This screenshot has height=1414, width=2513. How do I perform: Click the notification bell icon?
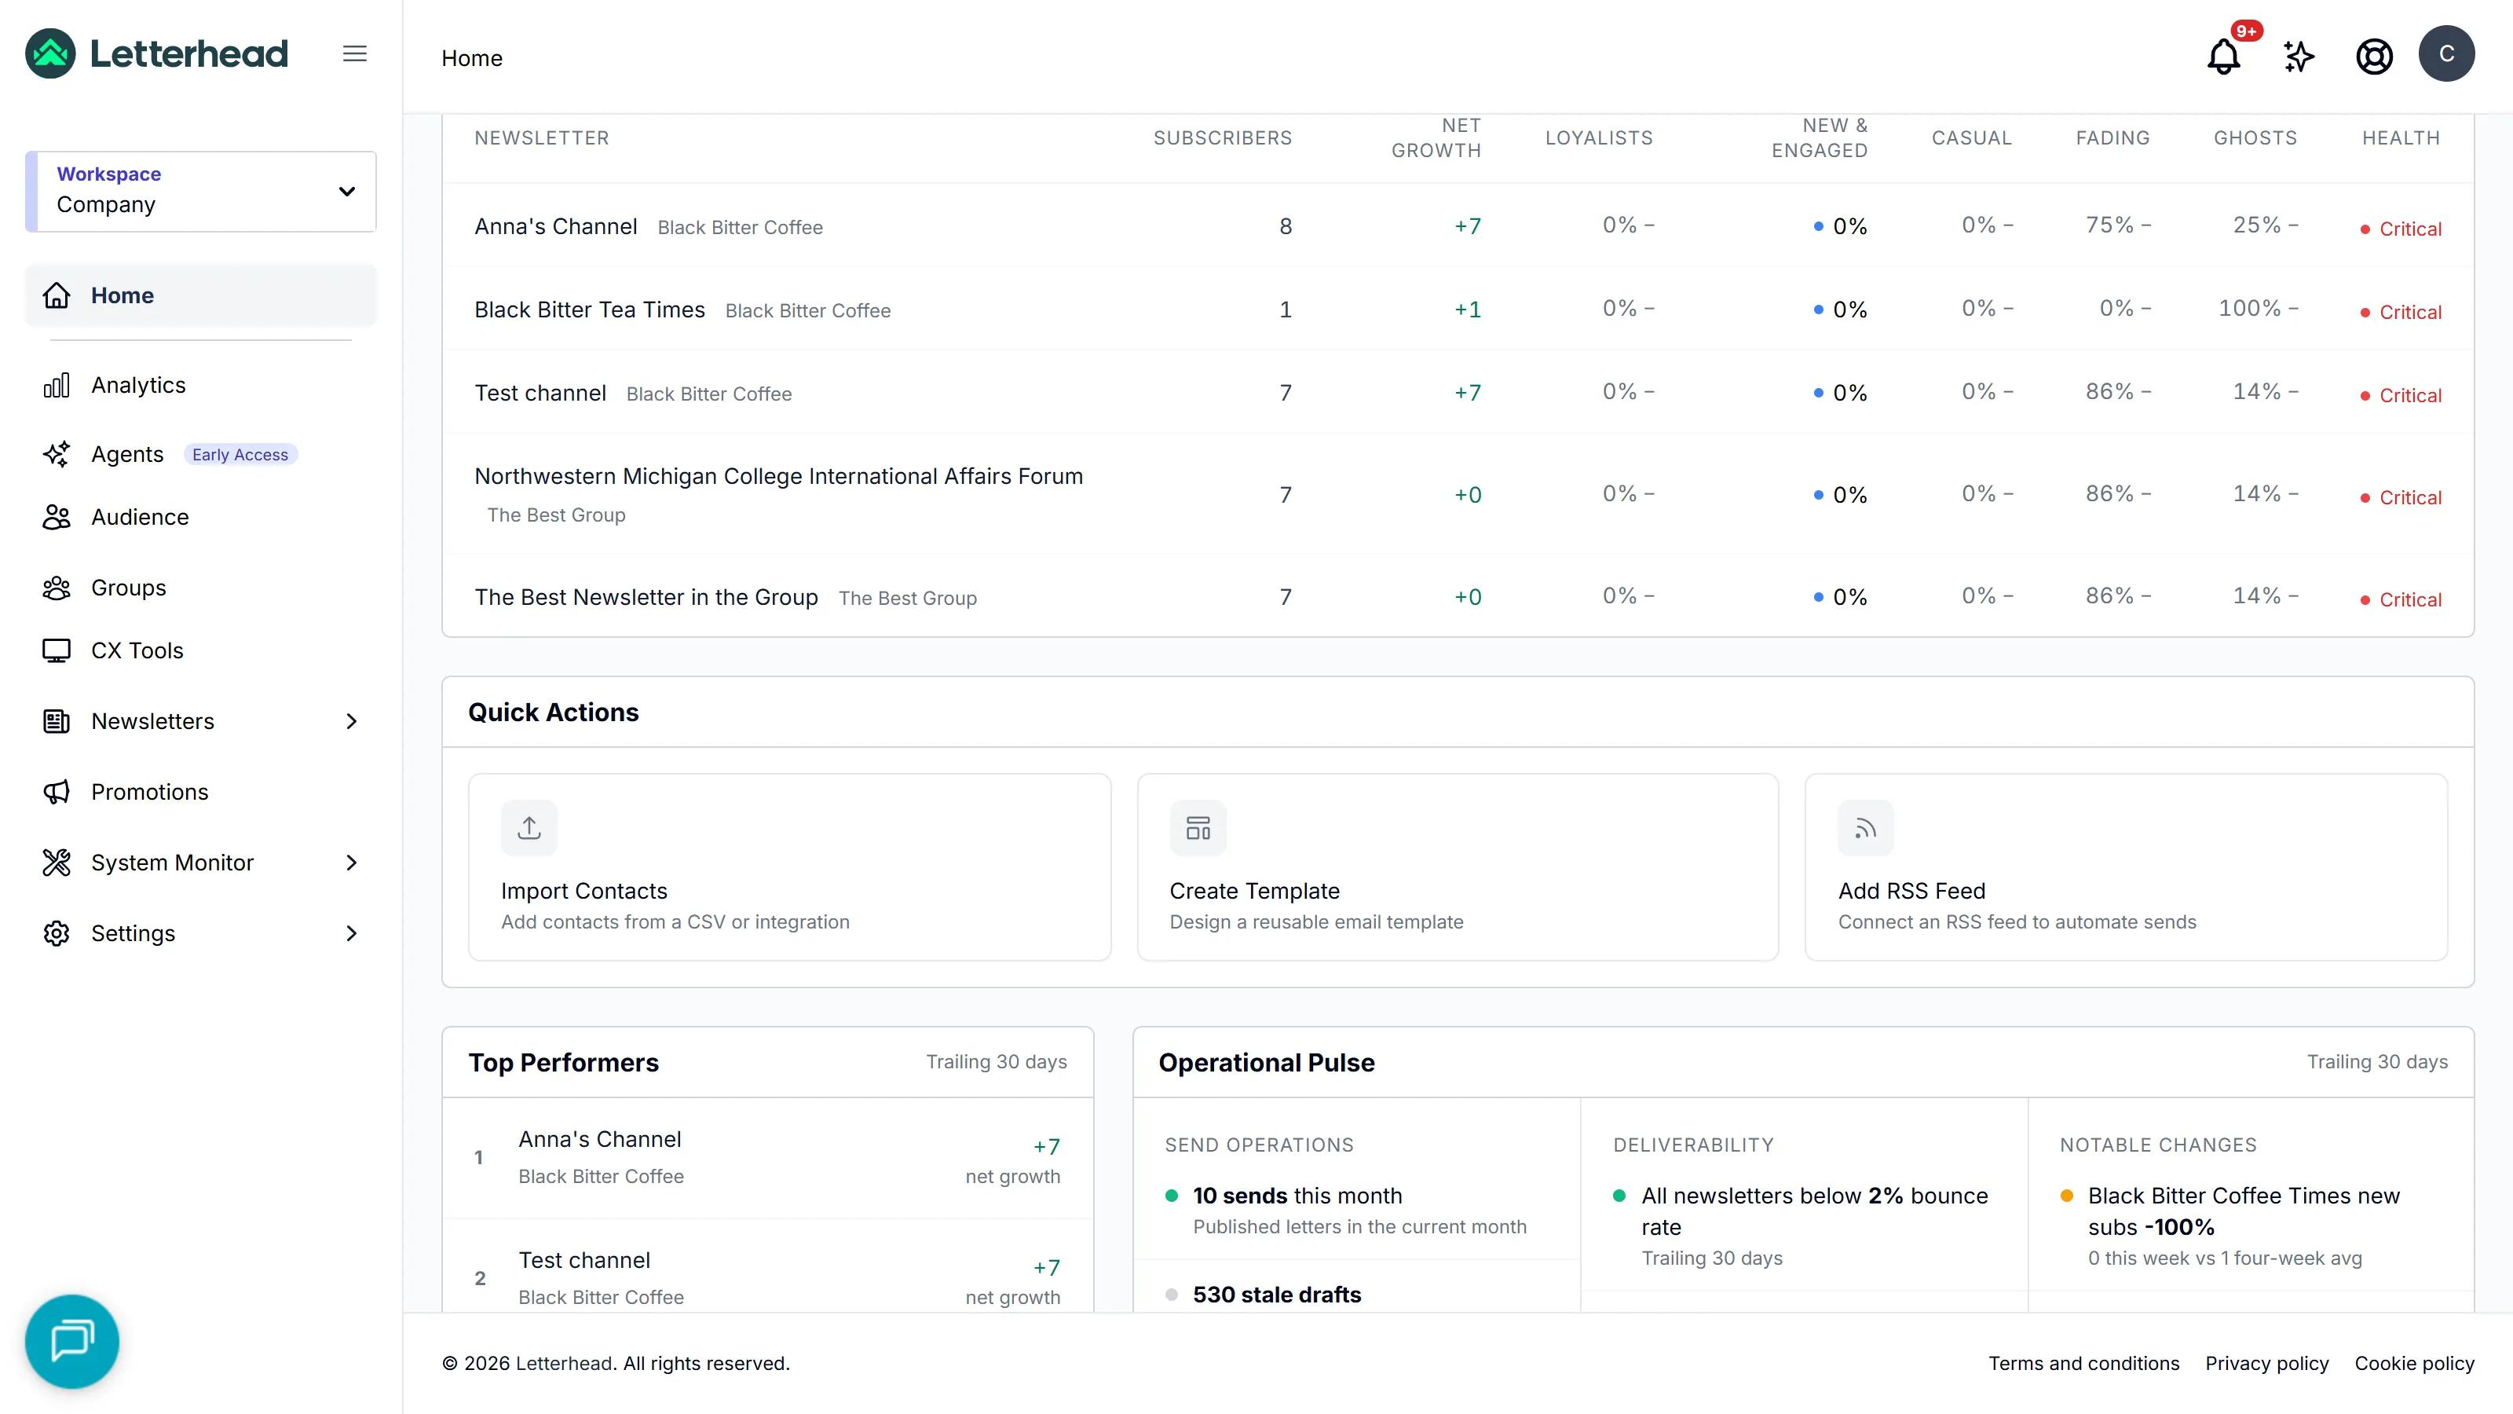pyautogui.click(x=2223, y=57)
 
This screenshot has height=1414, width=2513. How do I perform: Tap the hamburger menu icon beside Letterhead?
pyautogui.click(x=355, y=53)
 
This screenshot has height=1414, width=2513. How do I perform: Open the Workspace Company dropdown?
pyautogui.click(x=201, y=191)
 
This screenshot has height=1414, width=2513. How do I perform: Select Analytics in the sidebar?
pyautogui.click(x=138, y=386)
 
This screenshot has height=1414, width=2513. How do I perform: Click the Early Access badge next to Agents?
pyautogui.click(x=240, y=455)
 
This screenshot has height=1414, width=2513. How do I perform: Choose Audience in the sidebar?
pyautogui.click(x=141, y=517)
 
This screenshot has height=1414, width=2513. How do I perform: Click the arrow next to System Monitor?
pyautogui.click(x=352, y=863)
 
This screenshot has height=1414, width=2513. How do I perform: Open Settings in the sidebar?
pyautogui.click(x=133, y=934)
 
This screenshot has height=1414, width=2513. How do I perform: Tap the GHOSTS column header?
pyautogui.click(x=2255, y=138)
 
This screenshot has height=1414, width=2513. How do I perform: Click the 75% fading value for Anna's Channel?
pyautogui.click(x=2110, y=225)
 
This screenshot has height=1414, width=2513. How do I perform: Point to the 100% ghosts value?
pyautogui.click(x=2250, y=309)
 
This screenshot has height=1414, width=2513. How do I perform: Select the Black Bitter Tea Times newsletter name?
pyautogui.click(x=589, y=310)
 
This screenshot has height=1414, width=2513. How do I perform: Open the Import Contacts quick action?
pyautogui.click(x=789, y=867)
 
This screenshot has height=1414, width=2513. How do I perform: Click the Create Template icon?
pyautogui.click(x=1198, y=829)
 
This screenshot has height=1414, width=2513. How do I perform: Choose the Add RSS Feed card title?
pyautogui.click(x=1912, y=891)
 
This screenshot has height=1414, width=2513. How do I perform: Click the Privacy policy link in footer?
pyautogui.click(x=2267, y=1363)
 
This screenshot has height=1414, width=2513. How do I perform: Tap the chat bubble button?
pyautogui.click(x=72, y=1342)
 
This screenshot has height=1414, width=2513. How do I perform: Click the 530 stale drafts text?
pyautogui.click(x=1277, y=1295)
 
